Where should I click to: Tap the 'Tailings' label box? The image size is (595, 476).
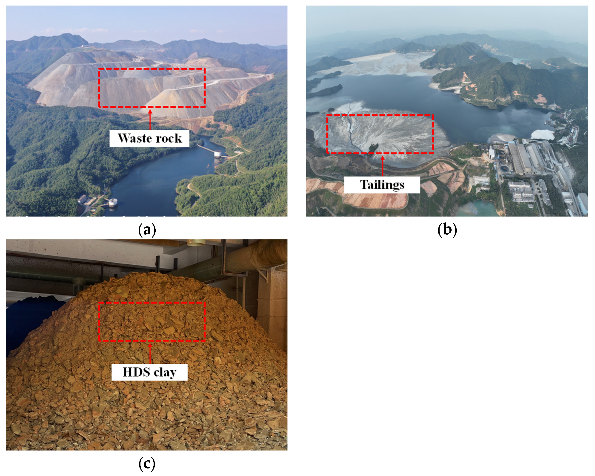click(382, 185)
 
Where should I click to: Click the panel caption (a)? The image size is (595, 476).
click(147, 229)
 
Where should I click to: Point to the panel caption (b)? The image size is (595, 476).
click(447, 229)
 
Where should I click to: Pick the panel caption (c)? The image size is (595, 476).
click(147, 464)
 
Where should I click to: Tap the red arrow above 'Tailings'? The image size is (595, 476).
click(382, 165)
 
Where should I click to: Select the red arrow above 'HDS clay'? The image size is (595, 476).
click(150, 353)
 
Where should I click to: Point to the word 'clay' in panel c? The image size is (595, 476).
click(165, 372)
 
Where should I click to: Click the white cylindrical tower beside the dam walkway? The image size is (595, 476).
click(218, 154)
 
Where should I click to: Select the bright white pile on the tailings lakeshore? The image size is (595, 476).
click(542, 134)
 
